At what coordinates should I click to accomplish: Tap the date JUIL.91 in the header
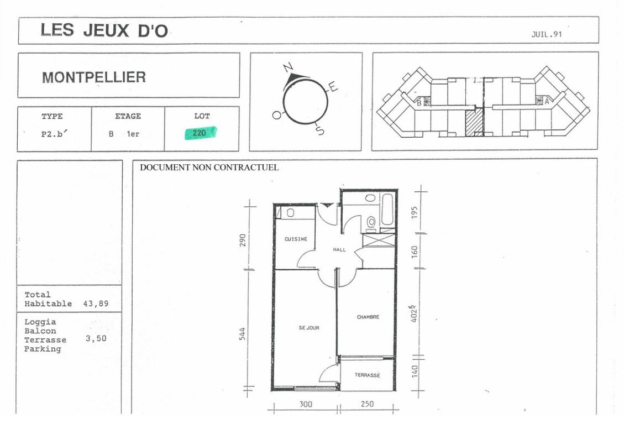pos(547,34)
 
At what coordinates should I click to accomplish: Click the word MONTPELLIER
pos(94,77)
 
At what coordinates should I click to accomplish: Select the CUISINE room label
pos(296,239)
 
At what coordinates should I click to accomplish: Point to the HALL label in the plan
pos(339,250)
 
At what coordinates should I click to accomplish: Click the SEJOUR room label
pos(309,328)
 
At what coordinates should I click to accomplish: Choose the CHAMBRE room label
pos(368,317)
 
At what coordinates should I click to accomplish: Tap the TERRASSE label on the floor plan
pos(368,375)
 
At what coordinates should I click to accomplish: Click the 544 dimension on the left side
pos(242,334)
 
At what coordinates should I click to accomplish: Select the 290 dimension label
pos(243,240)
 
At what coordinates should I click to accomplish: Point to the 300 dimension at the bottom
pos(306,404)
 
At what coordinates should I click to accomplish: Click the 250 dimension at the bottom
pos(367,404)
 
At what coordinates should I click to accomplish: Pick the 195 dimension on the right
pos(415,212)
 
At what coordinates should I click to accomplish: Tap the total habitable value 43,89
pos(96,304)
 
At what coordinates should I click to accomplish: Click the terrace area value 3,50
pos(96,338)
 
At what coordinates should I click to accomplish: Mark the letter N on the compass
pos(288,67)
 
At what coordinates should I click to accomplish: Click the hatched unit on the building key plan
pos(474,123)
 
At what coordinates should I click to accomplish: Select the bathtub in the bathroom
pos(387,210)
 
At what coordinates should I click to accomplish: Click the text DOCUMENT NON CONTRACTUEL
pos(209,168)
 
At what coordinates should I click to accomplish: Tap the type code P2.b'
pos(55,134)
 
